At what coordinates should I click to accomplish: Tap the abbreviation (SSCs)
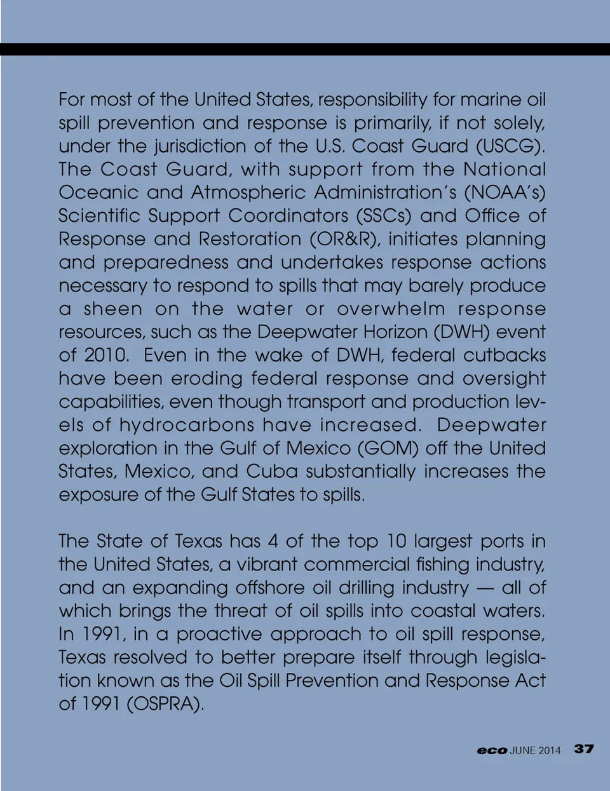(384, 217)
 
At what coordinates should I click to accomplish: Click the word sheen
(113, 309)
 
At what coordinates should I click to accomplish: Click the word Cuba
(272, 472)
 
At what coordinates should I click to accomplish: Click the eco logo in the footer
(492, 750)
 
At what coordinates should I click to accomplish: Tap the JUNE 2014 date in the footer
(535, 750)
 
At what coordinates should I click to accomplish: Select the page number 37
(584, 749)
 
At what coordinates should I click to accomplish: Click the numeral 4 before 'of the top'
(273, 542)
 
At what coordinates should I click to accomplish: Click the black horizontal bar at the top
(305, 50)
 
